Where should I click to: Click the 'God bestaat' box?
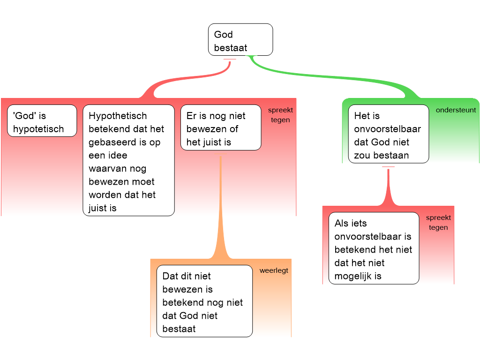click(240, 40)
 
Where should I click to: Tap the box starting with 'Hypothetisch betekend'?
click(128, 160)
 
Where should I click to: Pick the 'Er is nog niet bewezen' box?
click(220, 127)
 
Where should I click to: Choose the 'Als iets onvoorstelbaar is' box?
click(373, 248)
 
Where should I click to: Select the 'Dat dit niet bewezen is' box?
click(204, 301)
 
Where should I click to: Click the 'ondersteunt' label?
click(456, 110)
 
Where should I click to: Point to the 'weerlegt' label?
click(274, 270)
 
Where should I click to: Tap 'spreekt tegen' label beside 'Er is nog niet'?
click(280, 115)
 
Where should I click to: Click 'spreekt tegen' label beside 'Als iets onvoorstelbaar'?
click(438, 223)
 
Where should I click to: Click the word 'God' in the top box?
click(224, 35)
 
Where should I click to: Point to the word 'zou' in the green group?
click(362, 155)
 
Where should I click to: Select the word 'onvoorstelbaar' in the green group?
click(388, 129)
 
